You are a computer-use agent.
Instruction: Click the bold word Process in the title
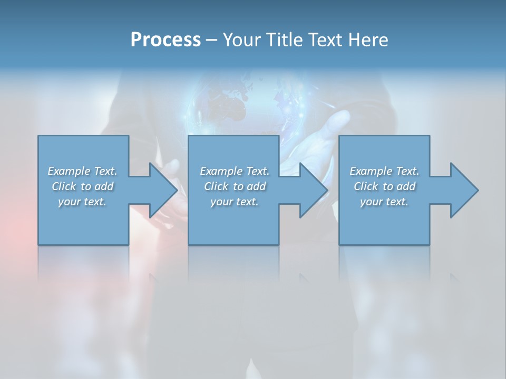166,40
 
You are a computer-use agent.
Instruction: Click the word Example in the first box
69,171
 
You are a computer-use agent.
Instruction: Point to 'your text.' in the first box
82,202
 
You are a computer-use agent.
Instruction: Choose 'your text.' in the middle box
234,202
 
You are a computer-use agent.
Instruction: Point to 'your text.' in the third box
384,202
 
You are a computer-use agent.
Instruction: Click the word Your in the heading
240,40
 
